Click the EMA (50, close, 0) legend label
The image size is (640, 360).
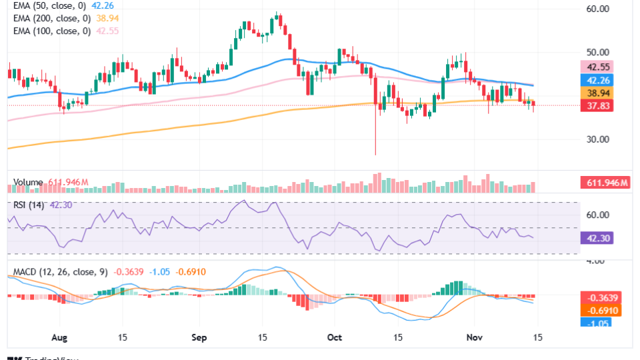[50, 7]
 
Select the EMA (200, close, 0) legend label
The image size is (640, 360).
[52, 19]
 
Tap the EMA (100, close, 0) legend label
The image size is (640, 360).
[52, 31]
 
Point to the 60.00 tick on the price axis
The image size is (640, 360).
[599, 9]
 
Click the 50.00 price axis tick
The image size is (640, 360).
[599, 52]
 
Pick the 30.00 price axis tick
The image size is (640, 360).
[599, 139]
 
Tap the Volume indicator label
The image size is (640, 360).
[28, 182]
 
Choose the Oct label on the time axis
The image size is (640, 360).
[333, 338]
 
